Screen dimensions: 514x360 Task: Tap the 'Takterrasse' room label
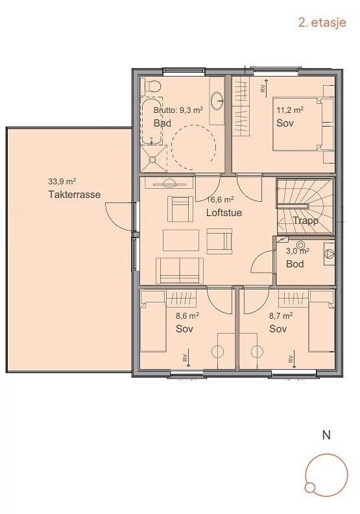pos(74,195)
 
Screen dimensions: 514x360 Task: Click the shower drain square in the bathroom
pos(153,158)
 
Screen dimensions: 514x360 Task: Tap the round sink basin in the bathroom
pos(219,100)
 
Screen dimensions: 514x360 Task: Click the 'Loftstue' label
pos(224,212)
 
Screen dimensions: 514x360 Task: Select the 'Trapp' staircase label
pos(305,221)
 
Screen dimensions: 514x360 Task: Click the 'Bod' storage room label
pos(295,264)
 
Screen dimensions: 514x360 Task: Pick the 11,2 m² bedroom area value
pos(290,110)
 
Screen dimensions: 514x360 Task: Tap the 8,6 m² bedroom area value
pos(187,317)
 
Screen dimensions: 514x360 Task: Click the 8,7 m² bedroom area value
pos(281,317)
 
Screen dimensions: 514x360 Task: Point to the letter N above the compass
pos(326,435)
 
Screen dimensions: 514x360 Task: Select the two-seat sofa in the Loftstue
pos(180,270)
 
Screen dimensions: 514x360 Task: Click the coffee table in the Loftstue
pos(181,240)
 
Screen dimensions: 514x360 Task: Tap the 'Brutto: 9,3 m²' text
pos(178,110)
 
